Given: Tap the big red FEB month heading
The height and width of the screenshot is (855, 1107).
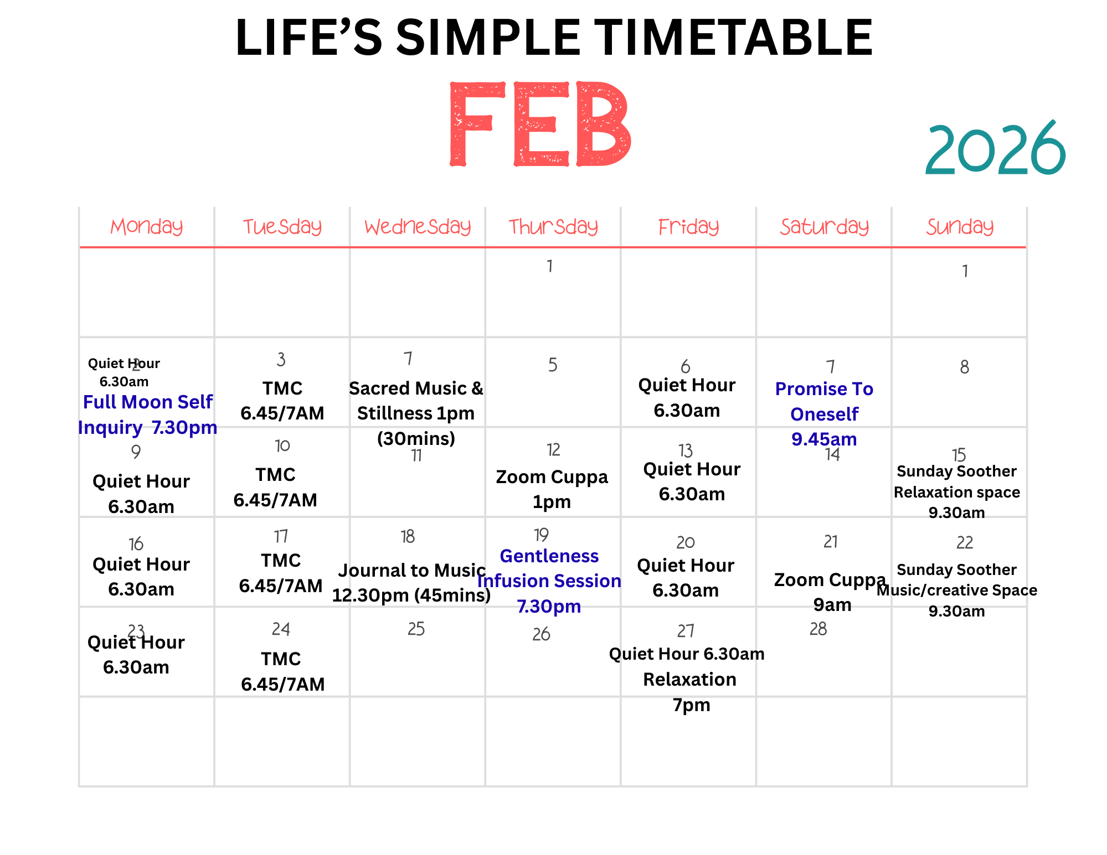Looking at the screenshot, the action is tap(540, 125).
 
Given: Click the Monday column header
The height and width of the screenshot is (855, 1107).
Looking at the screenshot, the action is tap(147, 227).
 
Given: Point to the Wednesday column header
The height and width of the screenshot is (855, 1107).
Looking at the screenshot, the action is tap(418, 227).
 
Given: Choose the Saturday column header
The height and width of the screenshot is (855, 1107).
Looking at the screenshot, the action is tap(825, 227).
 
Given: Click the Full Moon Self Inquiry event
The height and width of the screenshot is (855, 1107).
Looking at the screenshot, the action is tap(147, 414).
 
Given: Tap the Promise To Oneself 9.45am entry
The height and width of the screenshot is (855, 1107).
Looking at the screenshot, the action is tap(825, 414).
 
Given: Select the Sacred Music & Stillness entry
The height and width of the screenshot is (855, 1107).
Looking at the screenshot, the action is tap(416, 413).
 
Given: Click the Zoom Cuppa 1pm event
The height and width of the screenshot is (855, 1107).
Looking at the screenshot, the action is tap(552, 489).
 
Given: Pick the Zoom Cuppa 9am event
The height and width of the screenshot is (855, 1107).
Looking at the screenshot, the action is tap(831, 592).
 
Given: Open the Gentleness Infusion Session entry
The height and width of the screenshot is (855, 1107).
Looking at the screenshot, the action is tap(549, 581).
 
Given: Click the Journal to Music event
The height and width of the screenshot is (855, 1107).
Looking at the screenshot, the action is tap(411, 583).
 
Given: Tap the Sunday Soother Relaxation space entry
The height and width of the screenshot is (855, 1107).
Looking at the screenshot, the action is tap(957, 492).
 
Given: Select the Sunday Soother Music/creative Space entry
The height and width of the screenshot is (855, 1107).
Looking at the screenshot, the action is tap(957, 590).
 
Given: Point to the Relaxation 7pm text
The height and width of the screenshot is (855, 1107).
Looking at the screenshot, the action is tap(690, 692).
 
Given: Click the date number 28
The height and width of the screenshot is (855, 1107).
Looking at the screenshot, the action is tap(818, 629).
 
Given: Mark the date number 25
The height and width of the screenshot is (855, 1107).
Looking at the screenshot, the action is tap(416, 629).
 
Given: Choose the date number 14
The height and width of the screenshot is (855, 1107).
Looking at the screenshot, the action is tap(832, 455).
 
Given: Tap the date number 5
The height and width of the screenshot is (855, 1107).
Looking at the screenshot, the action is tap(553, 365).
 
